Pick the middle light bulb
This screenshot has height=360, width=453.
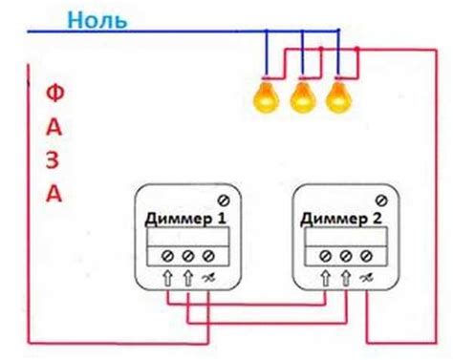click(302, 95)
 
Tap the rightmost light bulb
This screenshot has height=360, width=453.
click(336, 95)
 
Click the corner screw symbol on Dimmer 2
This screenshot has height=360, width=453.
click(379, 200)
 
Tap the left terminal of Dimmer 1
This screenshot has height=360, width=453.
click(169, 256)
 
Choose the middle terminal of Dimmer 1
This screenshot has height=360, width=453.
click(187, 256)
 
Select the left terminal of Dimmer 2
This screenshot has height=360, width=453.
click(324, 256)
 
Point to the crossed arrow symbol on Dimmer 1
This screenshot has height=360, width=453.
click(207, 277)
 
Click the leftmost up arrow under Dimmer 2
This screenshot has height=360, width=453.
click(324, 277)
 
